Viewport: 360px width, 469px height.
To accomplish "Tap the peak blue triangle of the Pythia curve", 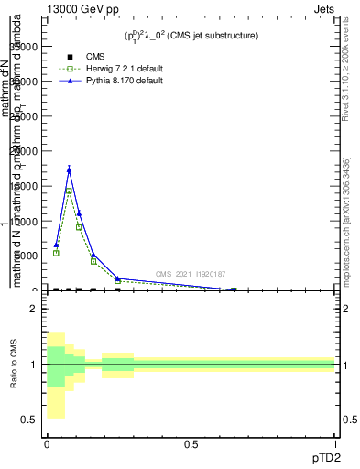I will tap(69, 169).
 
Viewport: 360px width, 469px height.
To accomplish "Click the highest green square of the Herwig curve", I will tap(69, 191).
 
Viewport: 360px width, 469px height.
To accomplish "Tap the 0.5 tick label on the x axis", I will tap(191, 444).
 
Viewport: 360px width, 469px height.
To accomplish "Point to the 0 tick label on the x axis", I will tap(46, 444).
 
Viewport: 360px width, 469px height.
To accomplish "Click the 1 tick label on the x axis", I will tap(335, 444).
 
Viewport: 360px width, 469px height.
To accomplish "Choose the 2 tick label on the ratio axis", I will tap(33, 309).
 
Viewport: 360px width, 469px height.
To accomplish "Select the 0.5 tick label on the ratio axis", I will tap(29, 420).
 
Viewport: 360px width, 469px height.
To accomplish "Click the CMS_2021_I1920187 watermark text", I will tap(190, 274).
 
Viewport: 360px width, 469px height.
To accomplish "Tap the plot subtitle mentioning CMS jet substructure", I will tap(192, 35).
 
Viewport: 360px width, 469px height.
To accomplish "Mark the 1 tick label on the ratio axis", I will tap(33, 365).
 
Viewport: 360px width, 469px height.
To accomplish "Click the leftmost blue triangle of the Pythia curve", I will tap(56, 245).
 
